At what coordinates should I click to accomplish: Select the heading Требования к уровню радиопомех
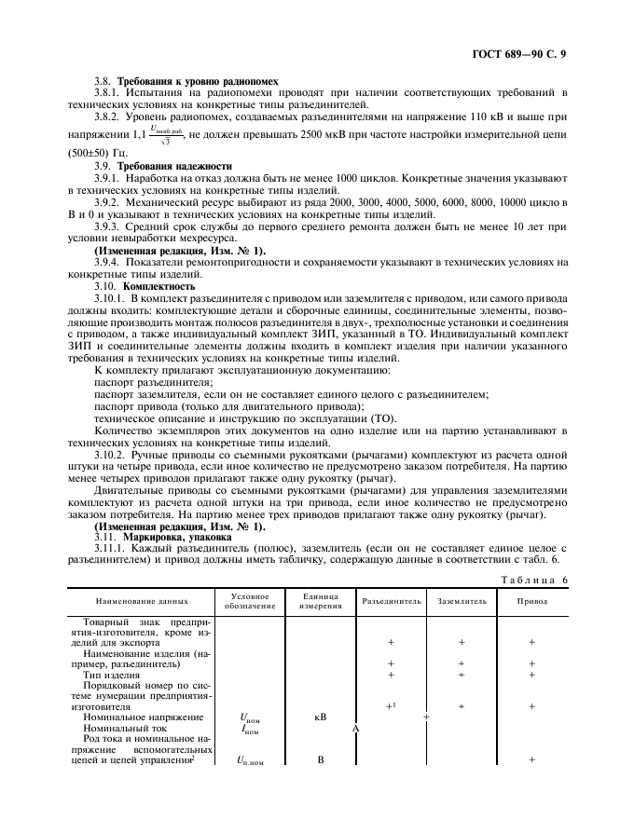pos(196,81)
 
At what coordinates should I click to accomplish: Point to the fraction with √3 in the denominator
pos(164,135)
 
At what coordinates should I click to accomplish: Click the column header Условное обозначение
pos(247,601)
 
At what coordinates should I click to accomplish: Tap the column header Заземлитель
pos(462,601)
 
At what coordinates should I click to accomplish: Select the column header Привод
pos(532,601)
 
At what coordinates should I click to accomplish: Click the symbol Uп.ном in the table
pos(247,760)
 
